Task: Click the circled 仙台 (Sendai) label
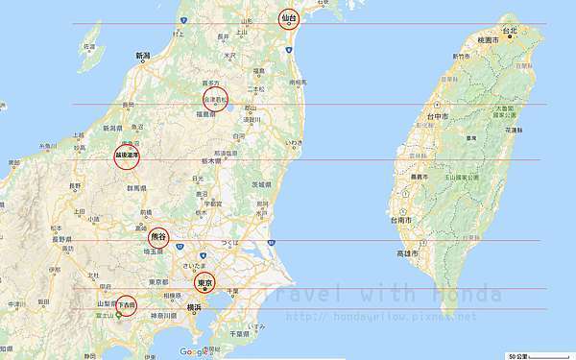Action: pyautogui.click(x=289, y=18)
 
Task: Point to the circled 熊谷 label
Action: pyautogui.click(x=159, y=236)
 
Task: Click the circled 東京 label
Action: pyautogui.click(x=204, y=283)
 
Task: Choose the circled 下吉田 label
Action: pyautogui.click(x=126, y=304)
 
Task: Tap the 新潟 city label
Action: pyautogui.click(x=143, y=57)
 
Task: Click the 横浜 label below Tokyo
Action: pyautogui.click(x=195, y=306)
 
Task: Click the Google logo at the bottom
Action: pyautogui.click(x=194, y=352)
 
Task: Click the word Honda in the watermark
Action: pyautogui.click(x=467, y=294)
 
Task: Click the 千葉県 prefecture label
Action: pyautogui.click(x=232, y=333)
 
